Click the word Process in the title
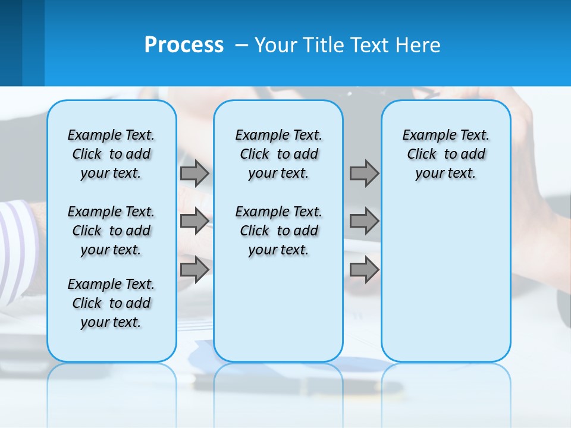pyautogui.click(x=184, y=45)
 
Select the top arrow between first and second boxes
pyautogui.click(x=194, y=174)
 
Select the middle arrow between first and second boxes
pyautogui.click(x=194, y=221)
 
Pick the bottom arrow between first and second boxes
pyautogui.click(x=194, y=270)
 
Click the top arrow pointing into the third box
pyautogui.click(x=364, y=174)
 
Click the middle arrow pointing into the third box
pyautogui.click(x=364, y=221)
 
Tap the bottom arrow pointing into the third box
pyautogui.click(x=364, y=270)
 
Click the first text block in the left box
pyautogui.click(x=111, y=154)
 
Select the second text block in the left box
pyautogui.click(x=111, y=231)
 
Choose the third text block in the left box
pyautogui.click(x=111, y=303)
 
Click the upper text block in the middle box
pyautogui.click(x=278, y=154)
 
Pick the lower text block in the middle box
pyautogui.click(x=278, y=231)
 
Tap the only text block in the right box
pyautogui.click(x=445, y=154)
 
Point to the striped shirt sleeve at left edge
pyautogui.click(x=18, y=238)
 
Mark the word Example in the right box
pyautogui.click(x=423, y=136)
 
